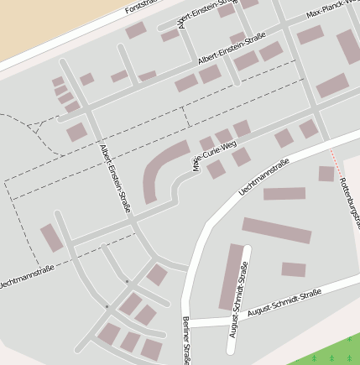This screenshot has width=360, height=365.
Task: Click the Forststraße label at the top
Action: click(140, 8)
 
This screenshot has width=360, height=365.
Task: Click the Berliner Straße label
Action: click(185, 340)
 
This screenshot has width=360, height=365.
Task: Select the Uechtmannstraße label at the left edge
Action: click(25, 278)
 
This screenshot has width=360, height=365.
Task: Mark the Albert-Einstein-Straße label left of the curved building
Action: click(116, 177)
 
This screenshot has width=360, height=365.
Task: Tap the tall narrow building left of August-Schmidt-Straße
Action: click(231, 276)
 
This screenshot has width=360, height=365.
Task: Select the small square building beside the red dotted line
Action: click(326, 174)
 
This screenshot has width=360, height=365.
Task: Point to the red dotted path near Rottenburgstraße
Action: click(335, 161)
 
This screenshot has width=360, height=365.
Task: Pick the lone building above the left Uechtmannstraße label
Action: click(51, 237)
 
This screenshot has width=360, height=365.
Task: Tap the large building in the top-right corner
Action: click(348, 46)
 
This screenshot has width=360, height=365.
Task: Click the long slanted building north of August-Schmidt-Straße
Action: click(276, 230)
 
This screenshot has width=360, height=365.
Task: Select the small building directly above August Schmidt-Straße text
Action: click(293, 269)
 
